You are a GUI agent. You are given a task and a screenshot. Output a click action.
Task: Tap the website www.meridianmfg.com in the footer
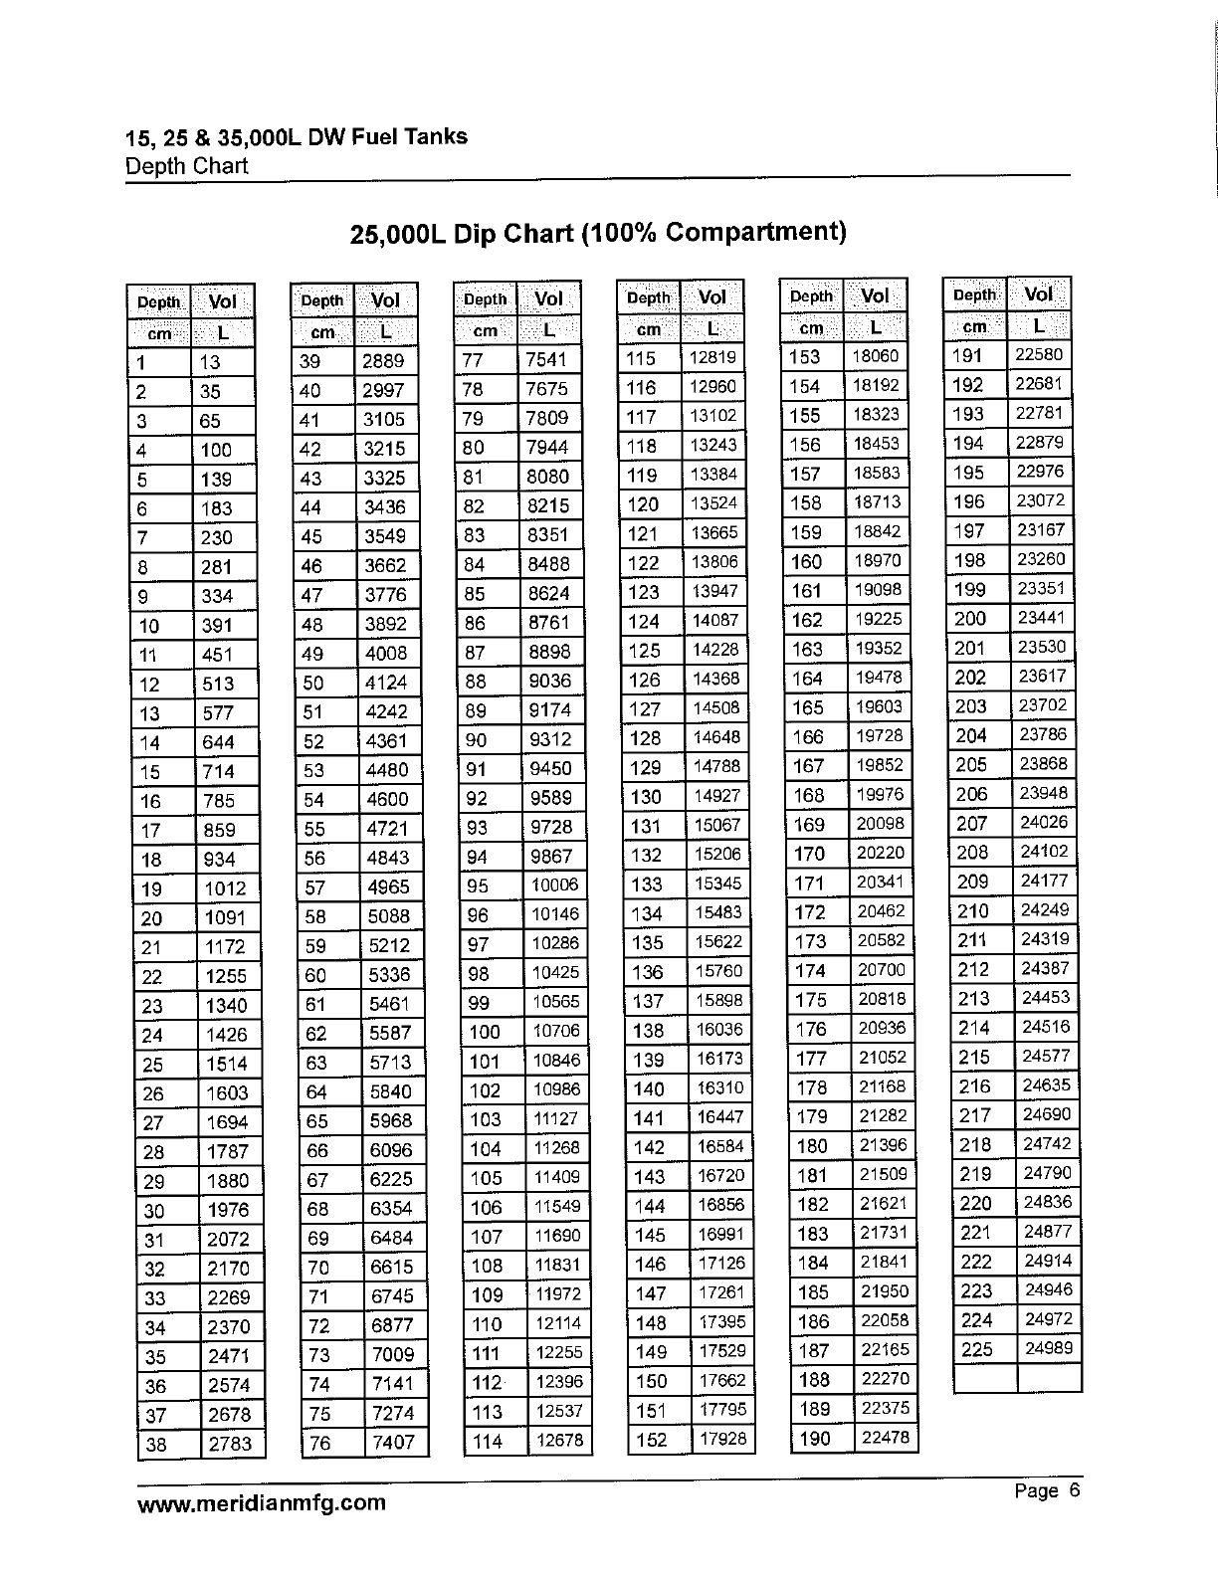tap(261, 1502)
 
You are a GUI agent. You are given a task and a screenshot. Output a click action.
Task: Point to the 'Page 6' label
tap(1046, 1490)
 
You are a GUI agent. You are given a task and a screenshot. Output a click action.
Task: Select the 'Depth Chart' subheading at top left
tap(186, 165)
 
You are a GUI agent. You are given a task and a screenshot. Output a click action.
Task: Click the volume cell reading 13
tap(210, 363)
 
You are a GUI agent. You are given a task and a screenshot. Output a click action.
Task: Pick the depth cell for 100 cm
tap(485, 1032)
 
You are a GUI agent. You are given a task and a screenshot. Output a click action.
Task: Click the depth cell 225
tap(976, 1349)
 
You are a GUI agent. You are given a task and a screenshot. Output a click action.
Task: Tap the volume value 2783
tap(230, 1444)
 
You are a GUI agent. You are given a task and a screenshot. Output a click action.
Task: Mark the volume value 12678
tap(558, 1440)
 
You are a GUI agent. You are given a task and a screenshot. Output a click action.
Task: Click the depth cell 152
tap(651, 1440)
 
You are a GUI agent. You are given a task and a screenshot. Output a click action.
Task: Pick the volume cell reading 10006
tap(555, 886)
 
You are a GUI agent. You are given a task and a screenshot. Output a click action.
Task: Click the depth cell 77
tap(474, 361)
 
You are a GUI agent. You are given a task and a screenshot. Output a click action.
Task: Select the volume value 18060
tap(877, 356)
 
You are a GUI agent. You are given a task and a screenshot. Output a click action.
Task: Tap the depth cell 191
tap(968, 356)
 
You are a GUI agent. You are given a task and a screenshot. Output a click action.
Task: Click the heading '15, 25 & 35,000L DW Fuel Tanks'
tap(297, 136)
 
